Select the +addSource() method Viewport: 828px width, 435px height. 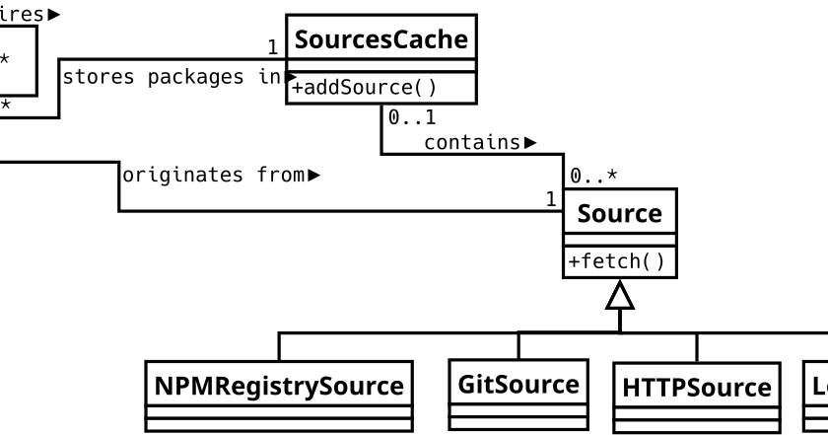point(363,88)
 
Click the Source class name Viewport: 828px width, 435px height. point(619,212)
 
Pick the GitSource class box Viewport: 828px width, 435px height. point(518,395)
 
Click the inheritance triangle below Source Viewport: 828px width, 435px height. point(620,295)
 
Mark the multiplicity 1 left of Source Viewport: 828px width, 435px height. point(551,200)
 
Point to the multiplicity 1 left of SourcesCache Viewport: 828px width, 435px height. point(272,47)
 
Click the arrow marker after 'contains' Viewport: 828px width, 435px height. point(530,143)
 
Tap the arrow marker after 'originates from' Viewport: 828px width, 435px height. point(314,176)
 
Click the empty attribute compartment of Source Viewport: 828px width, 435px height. point(619,240)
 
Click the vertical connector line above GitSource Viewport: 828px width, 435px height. point(518,345)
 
